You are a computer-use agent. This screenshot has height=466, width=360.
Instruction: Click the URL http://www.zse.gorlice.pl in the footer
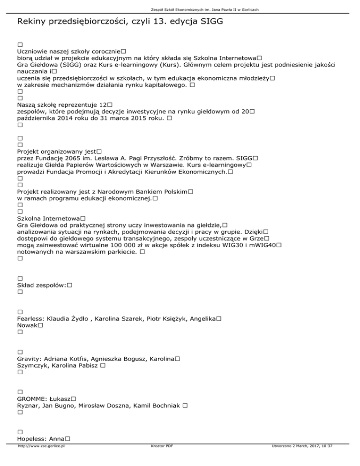(x=41, y=459)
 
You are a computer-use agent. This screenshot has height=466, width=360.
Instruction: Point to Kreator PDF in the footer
(x=160, y=459)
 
